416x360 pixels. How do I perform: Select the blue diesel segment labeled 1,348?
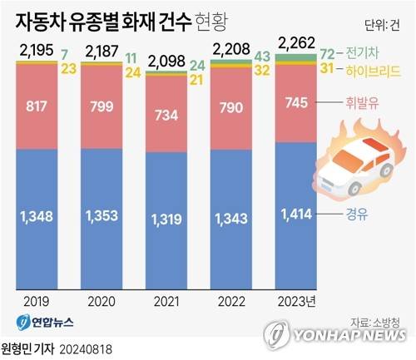(x=36, y=217)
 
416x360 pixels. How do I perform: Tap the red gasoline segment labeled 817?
(x=36, y=106)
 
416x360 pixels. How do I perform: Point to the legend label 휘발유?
(x=361, y=106)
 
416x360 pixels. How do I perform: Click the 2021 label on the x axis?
(x=166, y=301)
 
